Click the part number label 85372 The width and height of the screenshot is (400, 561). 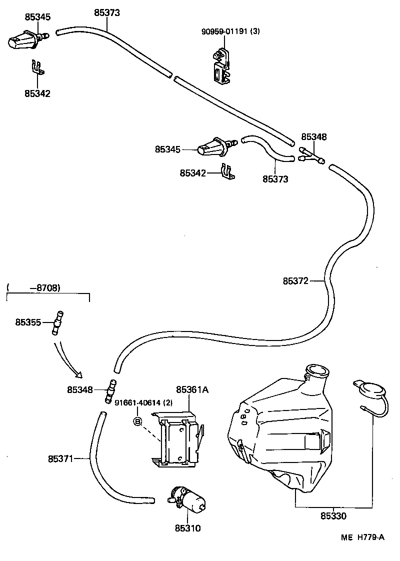tap(295, 281)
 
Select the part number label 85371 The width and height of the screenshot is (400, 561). tap(60, 458)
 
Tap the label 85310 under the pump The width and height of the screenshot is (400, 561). tap(187, 527)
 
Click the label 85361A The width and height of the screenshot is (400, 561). tap(192, 390)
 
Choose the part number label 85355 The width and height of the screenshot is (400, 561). tap(28, 322)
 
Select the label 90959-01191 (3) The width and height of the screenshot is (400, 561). tap(230, 31)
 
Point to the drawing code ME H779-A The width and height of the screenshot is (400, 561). tap(362, 537)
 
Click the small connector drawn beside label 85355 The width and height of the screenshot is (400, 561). tap(58, 323)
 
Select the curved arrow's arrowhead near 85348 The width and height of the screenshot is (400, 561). tap(78, 374)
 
